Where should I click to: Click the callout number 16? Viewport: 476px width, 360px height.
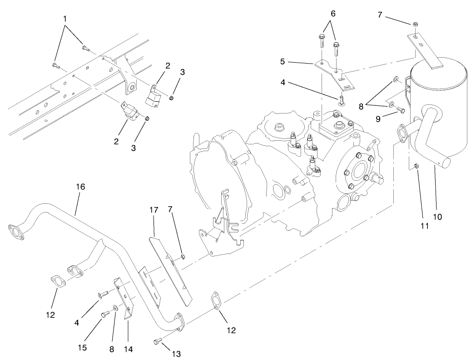(x=81, y=187)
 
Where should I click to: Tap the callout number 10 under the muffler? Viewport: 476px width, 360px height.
(x=437, y=217)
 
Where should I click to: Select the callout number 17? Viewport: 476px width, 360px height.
(x=153, y=210)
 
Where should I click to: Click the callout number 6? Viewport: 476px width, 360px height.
(x=333, y=14)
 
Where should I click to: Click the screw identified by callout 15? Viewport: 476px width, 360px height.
(x=105, y=312)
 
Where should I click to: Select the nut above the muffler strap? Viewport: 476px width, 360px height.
(x=416, y=24)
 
